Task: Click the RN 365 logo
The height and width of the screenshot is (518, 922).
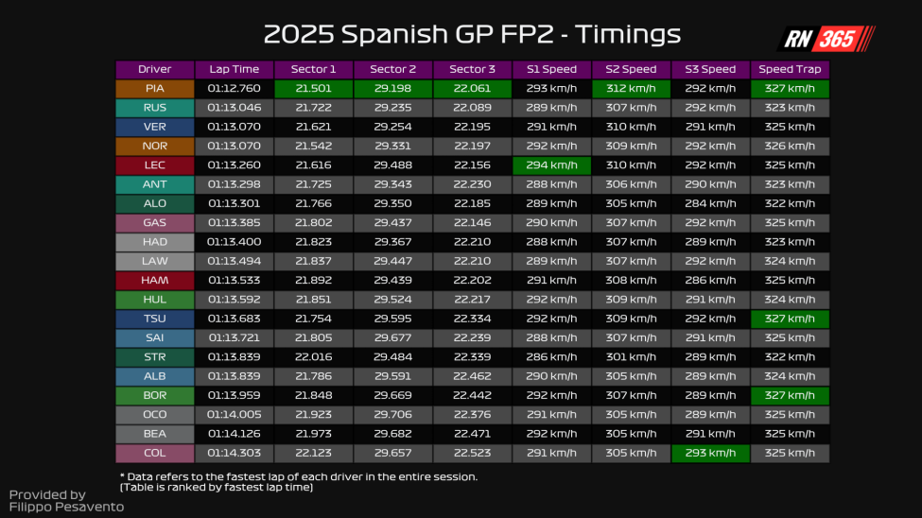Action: tap(826, 39)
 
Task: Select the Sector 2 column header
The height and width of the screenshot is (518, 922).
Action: tap(393, 69)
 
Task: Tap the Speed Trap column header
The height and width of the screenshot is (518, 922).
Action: tap(790, 69)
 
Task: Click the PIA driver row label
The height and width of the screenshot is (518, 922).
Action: tap(155, 88)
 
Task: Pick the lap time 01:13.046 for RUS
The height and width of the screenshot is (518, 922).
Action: tap(235, 108)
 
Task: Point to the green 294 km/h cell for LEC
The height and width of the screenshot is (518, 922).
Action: tap(552, 164)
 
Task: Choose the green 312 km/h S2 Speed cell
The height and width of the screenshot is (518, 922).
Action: tap(632, 88)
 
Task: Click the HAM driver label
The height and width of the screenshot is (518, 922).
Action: tap(155, 280)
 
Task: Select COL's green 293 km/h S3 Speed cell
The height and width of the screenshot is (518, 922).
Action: tap(710, 453)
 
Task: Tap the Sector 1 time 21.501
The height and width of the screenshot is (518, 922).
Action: tap(314, 88)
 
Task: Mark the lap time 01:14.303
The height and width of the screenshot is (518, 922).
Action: tap(235, 453)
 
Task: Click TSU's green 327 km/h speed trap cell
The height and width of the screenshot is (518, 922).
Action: tap(790, 319)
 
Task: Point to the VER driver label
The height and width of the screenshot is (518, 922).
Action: tap(155, 127)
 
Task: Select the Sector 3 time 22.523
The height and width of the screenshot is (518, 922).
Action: tap(473, 453)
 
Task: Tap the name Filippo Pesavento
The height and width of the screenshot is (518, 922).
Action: tap(66, 508)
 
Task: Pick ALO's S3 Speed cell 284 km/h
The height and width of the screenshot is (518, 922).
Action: tap(710, 203)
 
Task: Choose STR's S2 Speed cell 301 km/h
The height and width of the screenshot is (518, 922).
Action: tap(632, 356)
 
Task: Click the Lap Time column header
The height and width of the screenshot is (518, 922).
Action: tap(235, 69)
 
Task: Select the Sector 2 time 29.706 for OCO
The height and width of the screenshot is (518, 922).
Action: tap(393, 414)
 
